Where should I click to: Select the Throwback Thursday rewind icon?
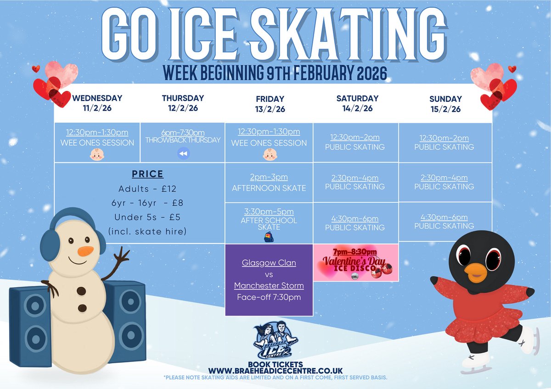click(x=183, y=154)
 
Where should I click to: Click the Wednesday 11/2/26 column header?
click(x=97, y=103)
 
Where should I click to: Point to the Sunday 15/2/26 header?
click(x=445, y=104)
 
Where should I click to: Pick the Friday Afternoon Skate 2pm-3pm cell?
click(x=269, y=183)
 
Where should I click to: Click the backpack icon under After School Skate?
click(x=269, y=237)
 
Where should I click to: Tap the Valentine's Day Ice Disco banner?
click(x=356, y=262)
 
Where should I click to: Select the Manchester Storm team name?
click(x=269, y=285)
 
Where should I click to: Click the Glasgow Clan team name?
click(x=269, y=263)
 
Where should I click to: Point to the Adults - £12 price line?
click(x=148, y=189)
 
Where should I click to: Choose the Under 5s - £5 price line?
click(x=148, y=217)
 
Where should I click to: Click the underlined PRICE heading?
click(x=148, y=174)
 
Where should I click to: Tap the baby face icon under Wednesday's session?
click(x=97, y=155)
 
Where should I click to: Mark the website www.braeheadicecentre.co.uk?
click(x=275, y=370)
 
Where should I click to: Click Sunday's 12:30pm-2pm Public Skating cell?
click(x=444, y=142)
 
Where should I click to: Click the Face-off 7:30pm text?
click(x=269, y=297)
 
